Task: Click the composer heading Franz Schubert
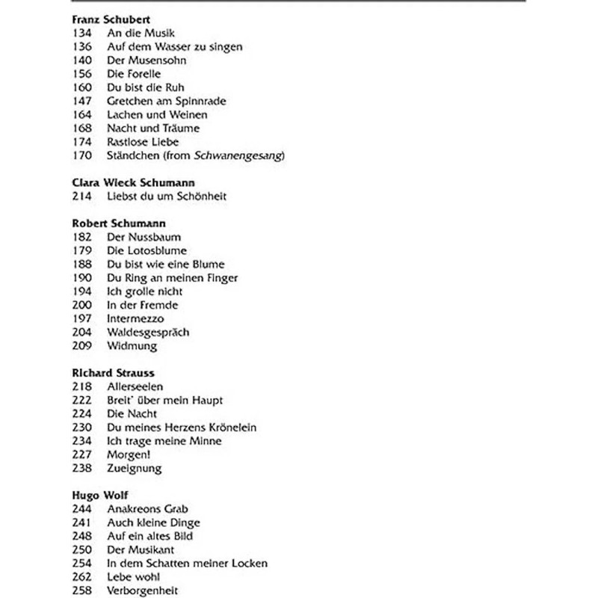[x=108, y=20]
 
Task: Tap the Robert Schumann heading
[x=119, y=224]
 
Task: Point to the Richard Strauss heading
[x=114, y=373]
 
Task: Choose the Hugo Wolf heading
[x=100, y=496]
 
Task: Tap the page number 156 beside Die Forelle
[x=82, y=74]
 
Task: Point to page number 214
[x=82, y=197]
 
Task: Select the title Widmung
[x=132, y=346]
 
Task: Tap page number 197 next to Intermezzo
[x=82, y=318]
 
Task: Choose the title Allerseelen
[x=135, y=386]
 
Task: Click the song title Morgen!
[x=129, y=454]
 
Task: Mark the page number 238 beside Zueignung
[x=82, y=469]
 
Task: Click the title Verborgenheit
[x=143, y=591]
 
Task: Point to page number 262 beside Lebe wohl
[x=82, y=577]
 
